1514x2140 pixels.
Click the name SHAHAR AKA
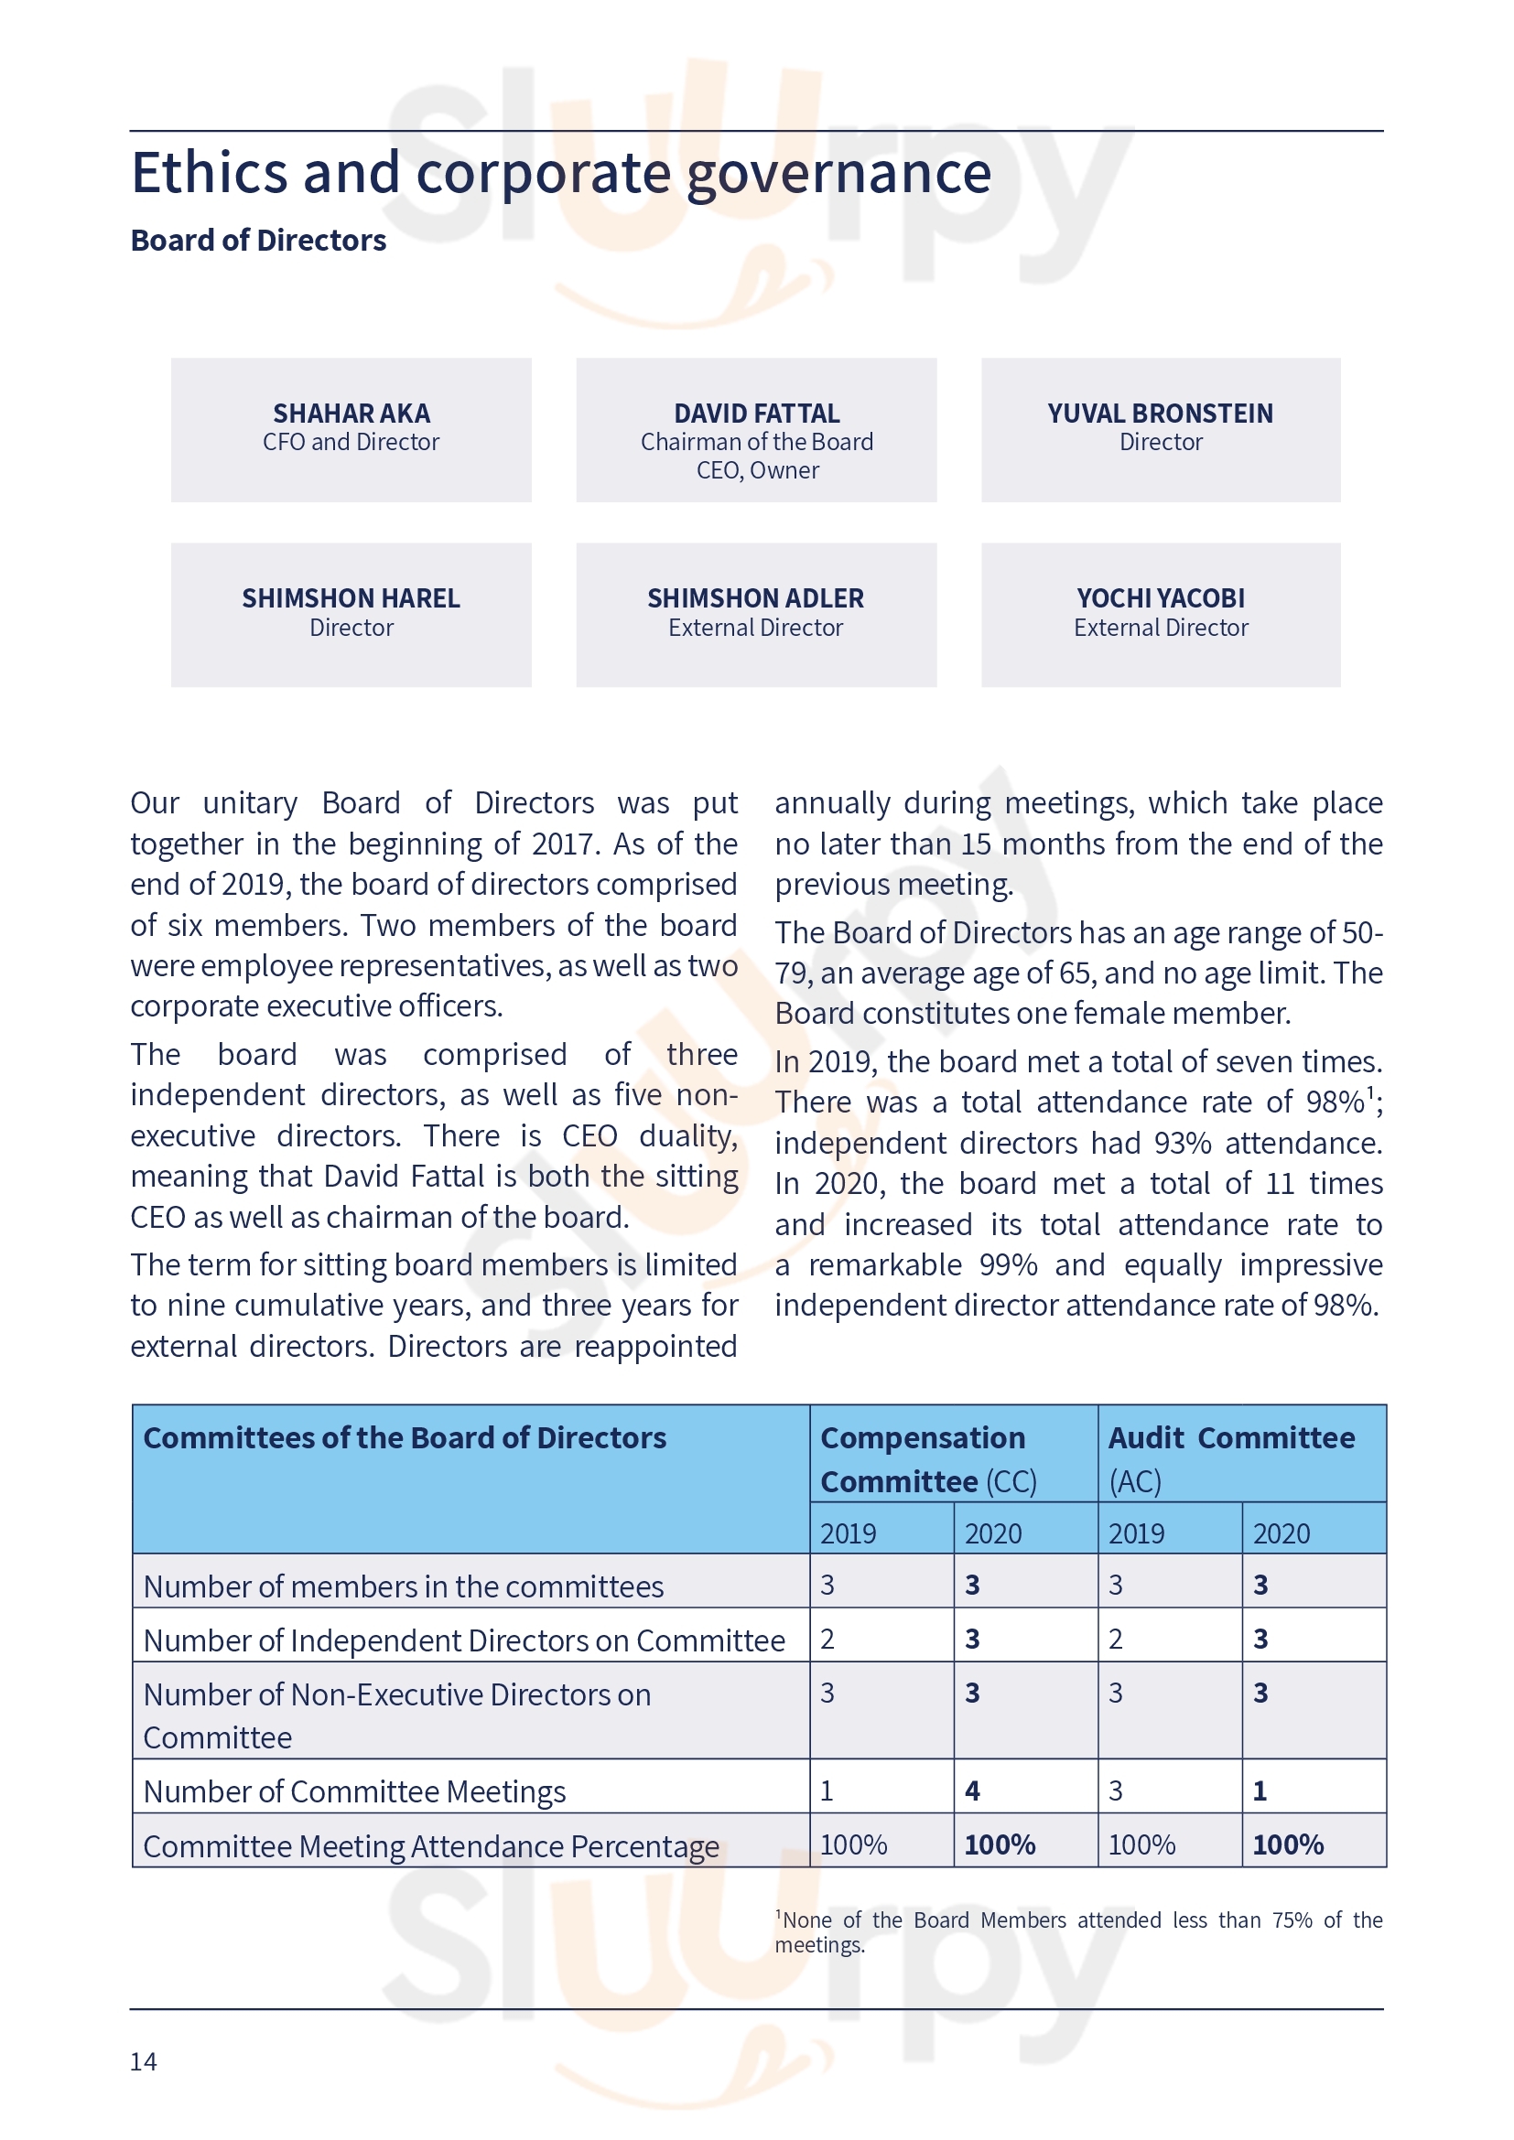[351, 413]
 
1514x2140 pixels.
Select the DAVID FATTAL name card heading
[756, 413]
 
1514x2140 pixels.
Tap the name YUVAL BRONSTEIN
[1160, 413]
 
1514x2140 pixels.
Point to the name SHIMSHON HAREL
[351, 598]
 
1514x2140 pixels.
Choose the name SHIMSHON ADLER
[756, 598]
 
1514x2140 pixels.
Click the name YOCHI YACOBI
[1161, 598]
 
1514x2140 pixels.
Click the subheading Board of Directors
[258, 241]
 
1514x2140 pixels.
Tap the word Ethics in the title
[210, 173]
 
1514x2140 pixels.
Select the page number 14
[144, 2061]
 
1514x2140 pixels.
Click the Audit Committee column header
[1230, 1438]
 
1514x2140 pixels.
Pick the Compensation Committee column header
[923, 1458]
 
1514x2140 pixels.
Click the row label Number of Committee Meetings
[354, 1791]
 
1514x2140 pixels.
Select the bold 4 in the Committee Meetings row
[972, 1791]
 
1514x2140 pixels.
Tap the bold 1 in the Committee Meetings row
[1260, 1791]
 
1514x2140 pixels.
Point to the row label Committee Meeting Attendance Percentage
[431, 1845]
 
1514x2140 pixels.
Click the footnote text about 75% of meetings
[1078, 1931]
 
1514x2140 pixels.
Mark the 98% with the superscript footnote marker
[1335, 1102]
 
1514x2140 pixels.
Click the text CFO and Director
[351, 442]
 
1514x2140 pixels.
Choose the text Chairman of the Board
[756, 442]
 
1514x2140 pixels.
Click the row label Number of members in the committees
[403, 1586]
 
